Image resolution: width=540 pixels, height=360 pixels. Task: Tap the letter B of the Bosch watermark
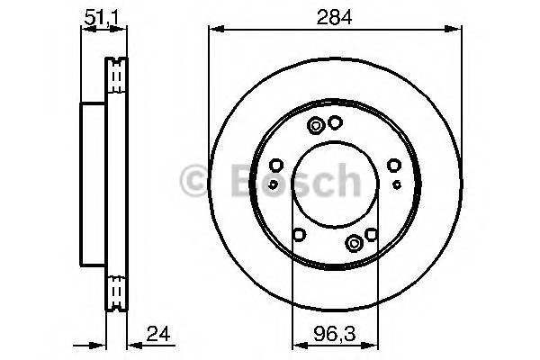(232, 183)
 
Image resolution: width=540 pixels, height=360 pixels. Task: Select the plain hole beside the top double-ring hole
(335, 124)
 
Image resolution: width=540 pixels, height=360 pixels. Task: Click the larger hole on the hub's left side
(277, 165)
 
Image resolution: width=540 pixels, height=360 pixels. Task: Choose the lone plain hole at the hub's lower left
(299, 237)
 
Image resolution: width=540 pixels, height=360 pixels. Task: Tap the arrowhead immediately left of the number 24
(130, 343)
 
